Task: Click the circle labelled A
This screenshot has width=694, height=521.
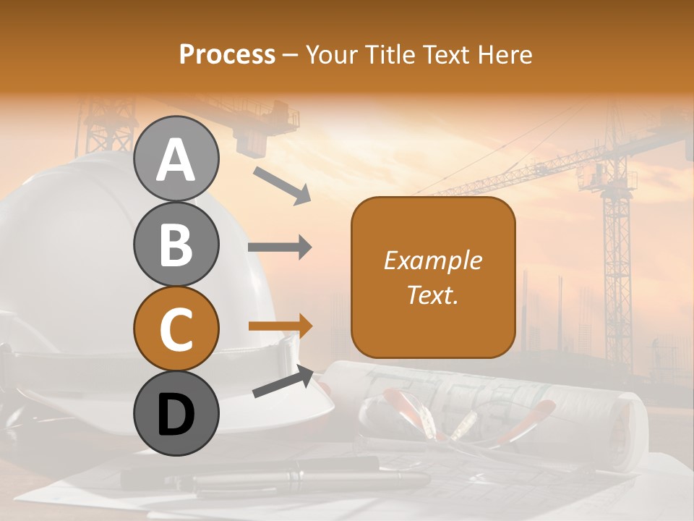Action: click(x=176, y=158)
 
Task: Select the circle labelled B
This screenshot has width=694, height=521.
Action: click(x=176, y=244)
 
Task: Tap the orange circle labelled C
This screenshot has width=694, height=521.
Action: click(x=176, y=329)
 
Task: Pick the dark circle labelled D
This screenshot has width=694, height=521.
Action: click(x=176, y=413)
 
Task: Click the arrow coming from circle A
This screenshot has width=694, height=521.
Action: click(x=281, y=185)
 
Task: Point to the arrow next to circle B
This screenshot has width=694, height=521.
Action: click(x=280, y=247)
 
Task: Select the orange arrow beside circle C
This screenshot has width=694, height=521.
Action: click(x=280, y=326)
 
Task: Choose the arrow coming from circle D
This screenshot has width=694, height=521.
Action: click(x=283, y=382)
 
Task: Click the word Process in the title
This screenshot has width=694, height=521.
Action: click(x=227, y=54)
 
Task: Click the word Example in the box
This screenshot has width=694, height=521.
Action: click(x=432, y=260)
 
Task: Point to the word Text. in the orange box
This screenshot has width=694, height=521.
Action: click(x=432, y=295)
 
